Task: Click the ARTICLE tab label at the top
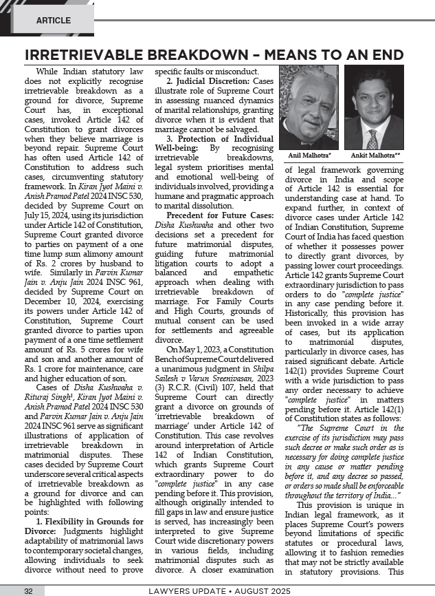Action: (53, 21)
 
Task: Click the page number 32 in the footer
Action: (28, 590)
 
